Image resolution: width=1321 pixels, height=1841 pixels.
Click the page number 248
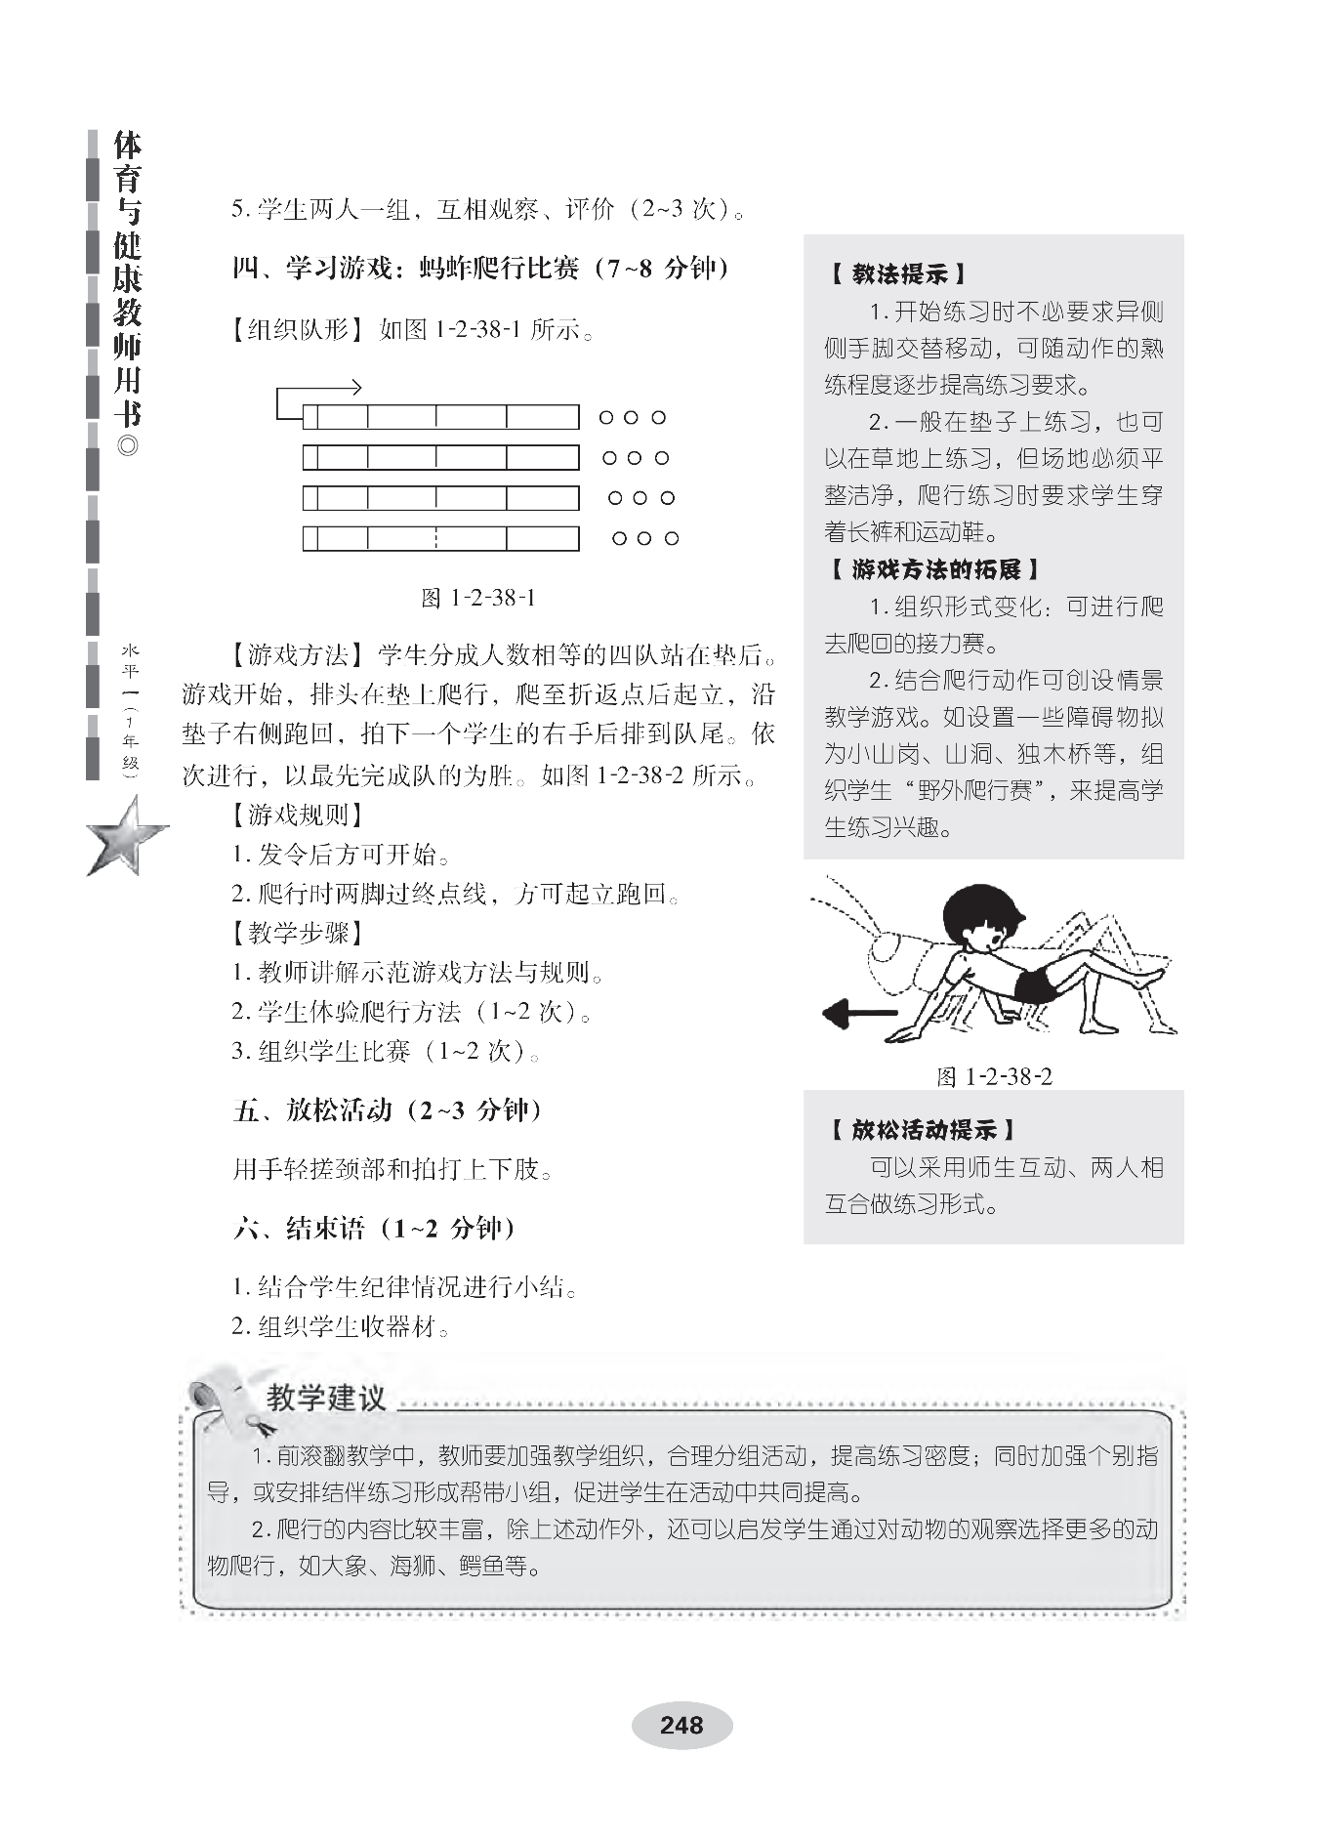(681, 1724)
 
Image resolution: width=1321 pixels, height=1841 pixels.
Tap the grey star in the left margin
(127, 836)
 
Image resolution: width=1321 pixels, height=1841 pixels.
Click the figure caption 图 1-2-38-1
(477, 598)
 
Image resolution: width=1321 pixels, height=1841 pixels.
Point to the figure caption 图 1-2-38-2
(994, 1076)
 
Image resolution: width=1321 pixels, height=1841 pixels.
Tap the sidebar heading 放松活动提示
(923, 1130)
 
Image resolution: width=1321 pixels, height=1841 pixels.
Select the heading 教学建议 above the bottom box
(326, 1399)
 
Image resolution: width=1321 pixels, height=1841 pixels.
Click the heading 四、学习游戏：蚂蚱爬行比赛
(480, 269)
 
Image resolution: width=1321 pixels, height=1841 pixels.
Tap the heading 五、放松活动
(388, 1110)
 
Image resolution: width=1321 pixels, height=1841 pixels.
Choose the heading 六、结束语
(374, 1228)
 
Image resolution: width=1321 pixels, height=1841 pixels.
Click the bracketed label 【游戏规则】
(298, 815)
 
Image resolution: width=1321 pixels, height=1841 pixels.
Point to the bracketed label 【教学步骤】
(298, 933)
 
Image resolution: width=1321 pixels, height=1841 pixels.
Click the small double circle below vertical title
(127, 448)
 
